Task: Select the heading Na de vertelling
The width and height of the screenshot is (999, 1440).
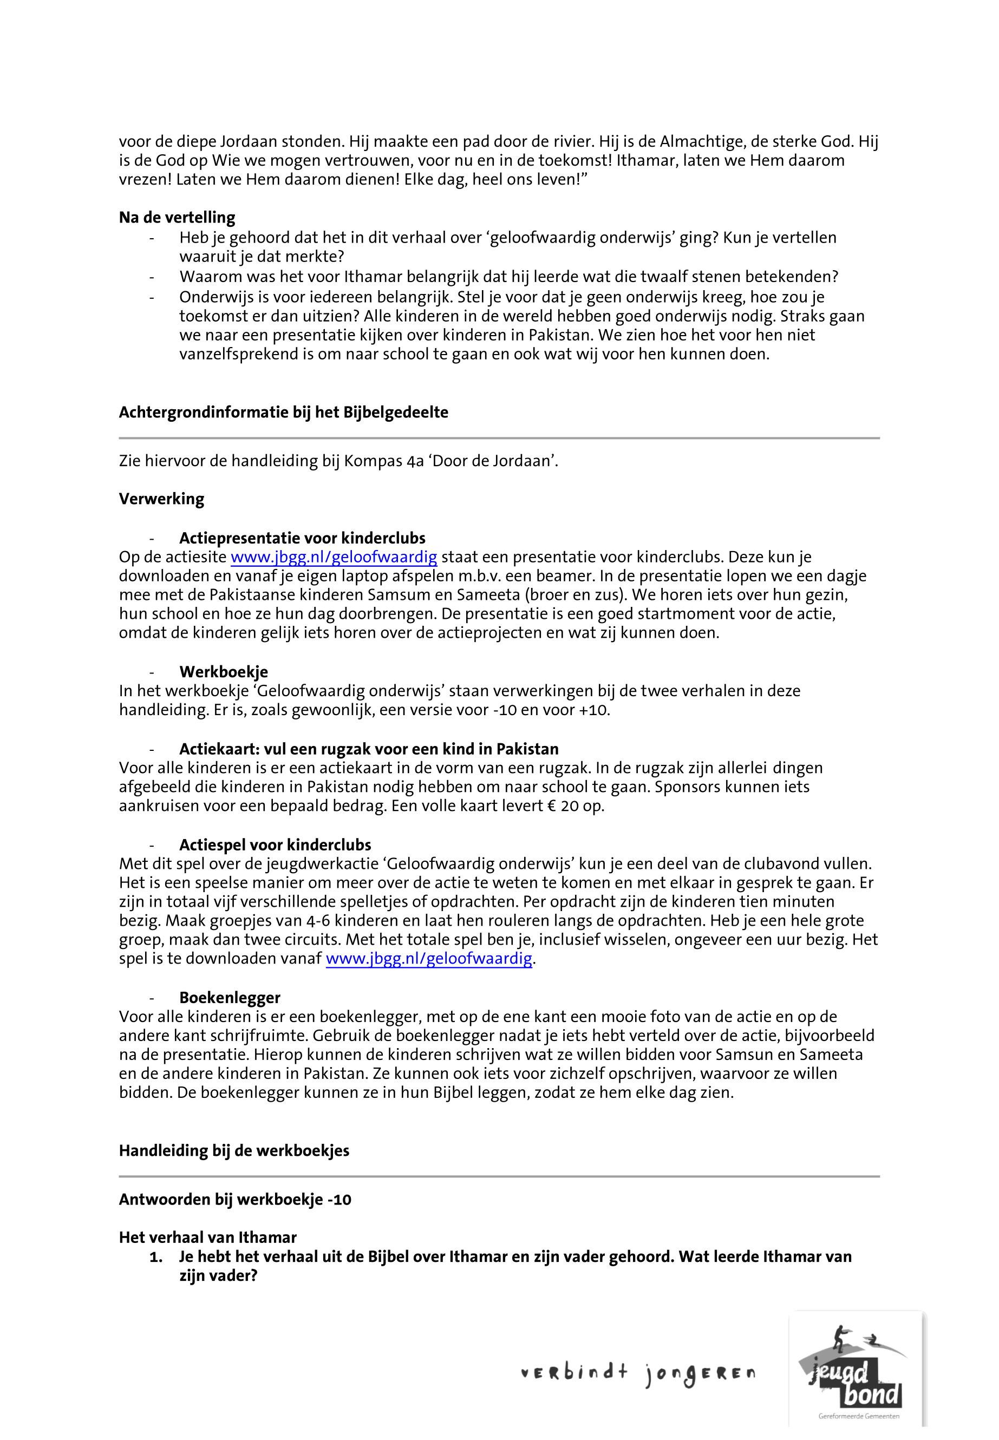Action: (x=177, y=218)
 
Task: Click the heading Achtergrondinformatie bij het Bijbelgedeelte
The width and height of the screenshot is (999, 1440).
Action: (x=284, y=413)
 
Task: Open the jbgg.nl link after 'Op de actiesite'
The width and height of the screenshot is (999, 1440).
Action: (x=334, y=557)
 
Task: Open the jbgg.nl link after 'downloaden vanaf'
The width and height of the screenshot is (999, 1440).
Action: (x=429, y=959)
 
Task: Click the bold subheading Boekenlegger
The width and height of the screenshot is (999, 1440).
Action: (x=230, y=998)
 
